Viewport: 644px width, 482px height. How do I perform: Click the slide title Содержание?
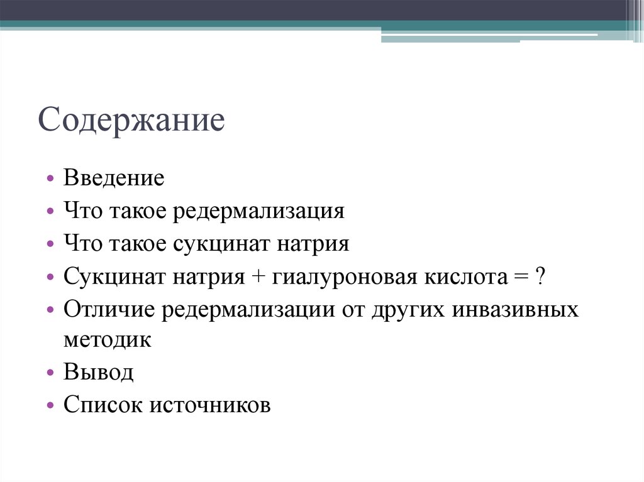pos(131,120)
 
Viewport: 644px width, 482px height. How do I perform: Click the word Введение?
pos(114,178)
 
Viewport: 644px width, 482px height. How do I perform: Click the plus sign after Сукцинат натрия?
pos(260,277)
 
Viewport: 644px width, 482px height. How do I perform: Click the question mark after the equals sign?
pos(540,276)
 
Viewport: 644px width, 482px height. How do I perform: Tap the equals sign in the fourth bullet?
pos(521,277)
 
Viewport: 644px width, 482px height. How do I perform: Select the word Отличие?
pos(108,309)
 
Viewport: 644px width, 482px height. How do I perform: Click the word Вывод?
pos(99,373)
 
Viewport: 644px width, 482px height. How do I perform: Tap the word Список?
pos(103,405)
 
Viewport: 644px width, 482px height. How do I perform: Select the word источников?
pos(211,405)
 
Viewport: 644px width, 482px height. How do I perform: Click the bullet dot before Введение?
pos(50,178)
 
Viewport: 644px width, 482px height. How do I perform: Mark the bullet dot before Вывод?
pos(50,373)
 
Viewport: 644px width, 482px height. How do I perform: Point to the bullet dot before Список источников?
pos(50,406)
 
